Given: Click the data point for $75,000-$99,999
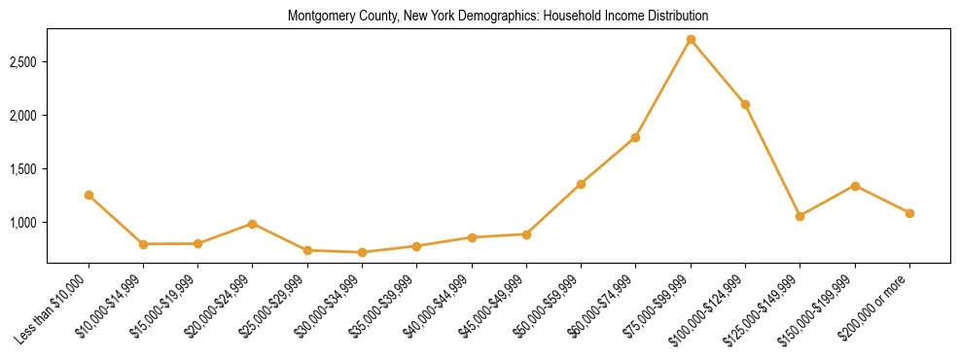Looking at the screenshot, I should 691,40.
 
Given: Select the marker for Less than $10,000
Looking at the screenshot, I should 89,196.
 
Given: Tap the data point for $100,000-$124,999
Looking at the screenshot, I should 745,104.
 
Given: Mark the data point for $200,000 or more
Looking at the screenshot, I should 909,213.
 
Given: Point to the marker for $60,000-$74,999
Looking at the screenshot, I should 635,137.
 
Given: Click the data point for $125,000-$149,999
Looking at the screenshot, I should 800,216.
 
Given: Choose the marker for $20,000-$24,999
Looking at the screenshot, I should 253,224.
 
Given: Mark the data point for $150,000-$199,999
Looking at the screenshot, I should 855,186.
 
